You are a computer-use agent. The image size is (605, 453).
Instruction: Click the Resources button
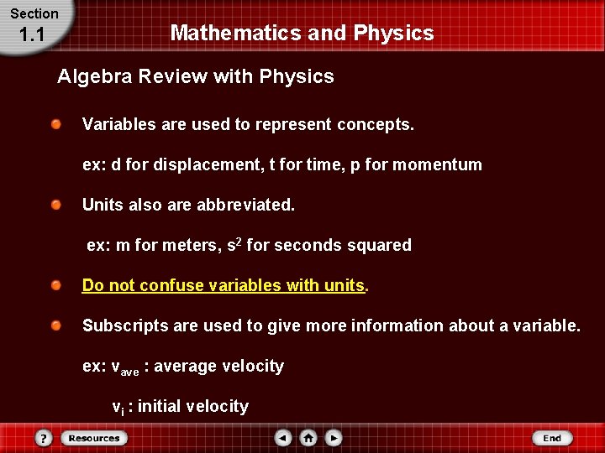click(x=94, y=438)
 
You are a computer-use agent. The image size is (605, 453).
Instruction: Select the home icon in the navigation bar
click(x=308, y=438)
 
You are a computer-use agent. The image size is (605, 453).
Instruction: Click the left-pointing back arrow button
click(x=283, y=438)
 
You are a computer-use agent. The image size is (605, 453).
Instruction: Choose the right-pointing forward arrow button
click(x=334, y=438)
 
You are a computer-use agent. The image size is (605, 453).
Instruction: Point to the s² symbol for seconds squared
click(x=234, y=245)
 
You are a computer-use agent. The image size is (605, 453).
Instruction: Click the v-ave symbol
click(x=126, y=367)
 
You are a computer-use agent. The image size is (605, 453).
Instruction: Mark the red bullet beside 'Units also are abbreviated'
click(x=55, y=205)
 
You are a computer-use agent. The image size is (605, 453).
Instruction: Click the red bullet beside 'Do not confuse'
click(x=55, y=285)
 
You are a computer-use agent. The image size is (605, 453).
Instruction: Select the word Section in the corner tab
click(x=34, y=13)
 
